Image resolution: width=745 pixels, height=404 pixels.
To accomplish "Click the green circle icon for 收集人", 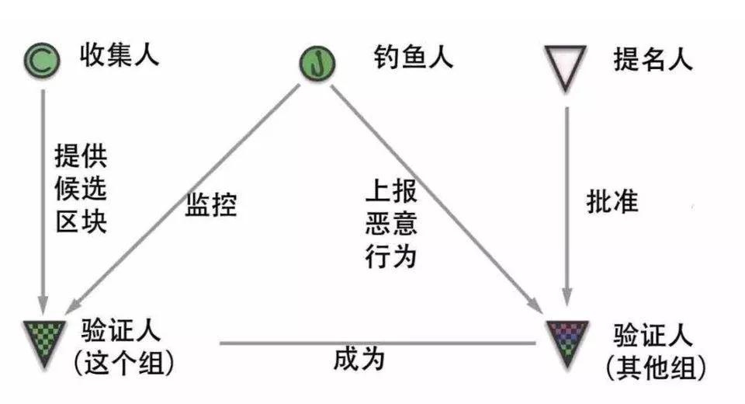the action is (x=42, y=61).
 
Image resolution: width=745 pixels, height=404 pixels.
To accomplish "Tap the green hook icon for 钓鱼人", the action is (x=317, y=63).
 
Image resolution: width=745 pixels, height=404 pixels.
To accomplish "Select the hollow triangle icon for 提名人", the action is (x=566, y=68).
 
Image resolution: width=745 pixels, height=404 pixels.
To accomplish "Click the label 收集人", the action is (x=120, y=54).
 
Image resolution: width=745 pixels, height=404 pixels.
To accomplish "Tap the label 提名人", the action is (x=653, y=60).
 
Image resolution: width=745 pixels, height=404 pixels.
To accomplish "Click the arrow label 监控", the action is (x=211, y=205).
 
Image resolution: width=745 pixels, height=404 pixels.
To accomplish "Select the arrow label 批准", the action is (x=612, y=200).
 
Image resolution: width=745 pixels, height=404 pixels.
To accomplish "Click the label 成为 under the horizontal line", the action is (x=359, y=359).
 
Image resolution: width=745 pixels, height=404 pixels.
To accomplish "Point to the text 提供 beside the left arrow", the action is (x=81, y=155).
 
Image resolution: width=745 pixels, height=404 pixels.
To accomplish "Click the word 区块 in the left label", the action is (x=81, y=221).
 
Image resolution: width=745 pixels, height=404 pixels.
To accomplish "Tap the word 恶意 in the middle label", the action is (x=391, y=223).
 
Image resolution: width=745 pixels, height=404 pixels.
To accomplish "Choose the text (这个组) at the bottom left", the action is (x=124, y=363).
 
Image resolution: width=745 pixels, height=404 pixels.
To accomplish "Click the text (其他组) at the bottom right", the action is (x=657, y=367).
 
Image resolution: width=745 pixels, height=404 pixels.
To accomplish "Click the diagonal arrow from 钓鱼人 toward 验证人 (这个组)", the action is (x=185, y=198).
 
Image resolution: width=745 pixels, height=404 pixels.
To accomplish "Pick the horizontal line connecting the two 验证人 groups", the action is (x=378, y=343).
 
